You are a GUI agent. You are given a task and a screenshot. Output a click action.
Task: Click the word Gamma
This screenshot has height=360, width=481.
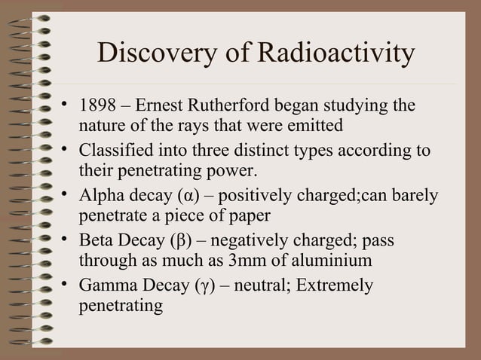pos(107,287)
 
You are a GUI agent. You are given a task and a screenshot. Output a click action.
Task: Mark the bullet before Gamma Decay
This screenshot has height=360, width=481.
pos(66,286)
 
